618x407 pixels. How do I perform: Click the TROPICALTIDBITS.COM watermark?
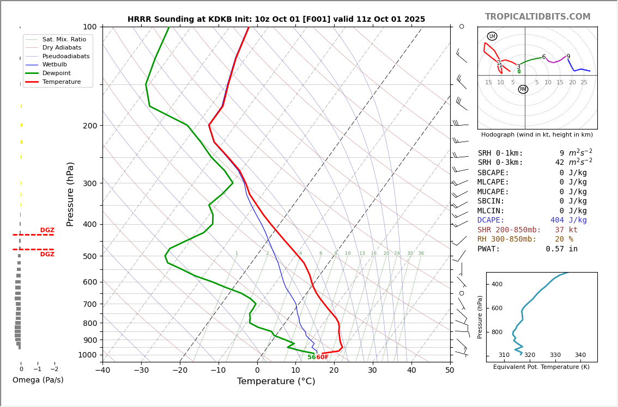pyautogui.click(x=537, y=17)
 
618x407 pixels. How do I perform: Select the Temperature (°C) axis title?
pyautogui.click(x=276, y=381)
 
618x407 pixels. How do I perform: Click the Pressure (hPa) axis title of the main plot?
pyautogui.click(x=70, y=194)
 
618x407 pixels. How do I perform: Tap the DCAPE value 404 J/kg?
pyautogui.click(x=568, y=220)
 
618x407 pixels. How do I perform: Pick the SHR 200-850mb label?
pyautogui.click(x=509, y=230)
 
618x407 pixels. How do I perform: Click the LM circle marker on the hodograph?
pyautogui.click(x=492, y=36)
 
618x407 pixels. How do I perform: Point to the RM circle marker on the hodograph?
pyautogui.click(x=523, y=89)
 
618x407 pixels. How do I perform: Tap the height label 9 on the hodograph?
pyautogui.click(x=568, y=57)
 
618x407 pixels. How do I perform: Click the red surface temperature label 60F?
pyautogui.click(x=323, y=357)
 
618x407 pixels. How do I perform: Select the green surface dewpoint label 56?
pyautogui.click(x=311, y=357)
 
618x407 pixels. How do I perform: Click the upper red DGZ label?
pyautogui.click(x=47, y=230)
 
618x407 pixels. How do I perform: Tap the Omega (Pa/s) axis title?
pyautogui.click(x=38, y=380)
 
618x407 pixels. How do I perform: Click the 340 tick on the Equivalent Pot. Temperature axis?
pyautogui.click(x=580, y=355)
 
